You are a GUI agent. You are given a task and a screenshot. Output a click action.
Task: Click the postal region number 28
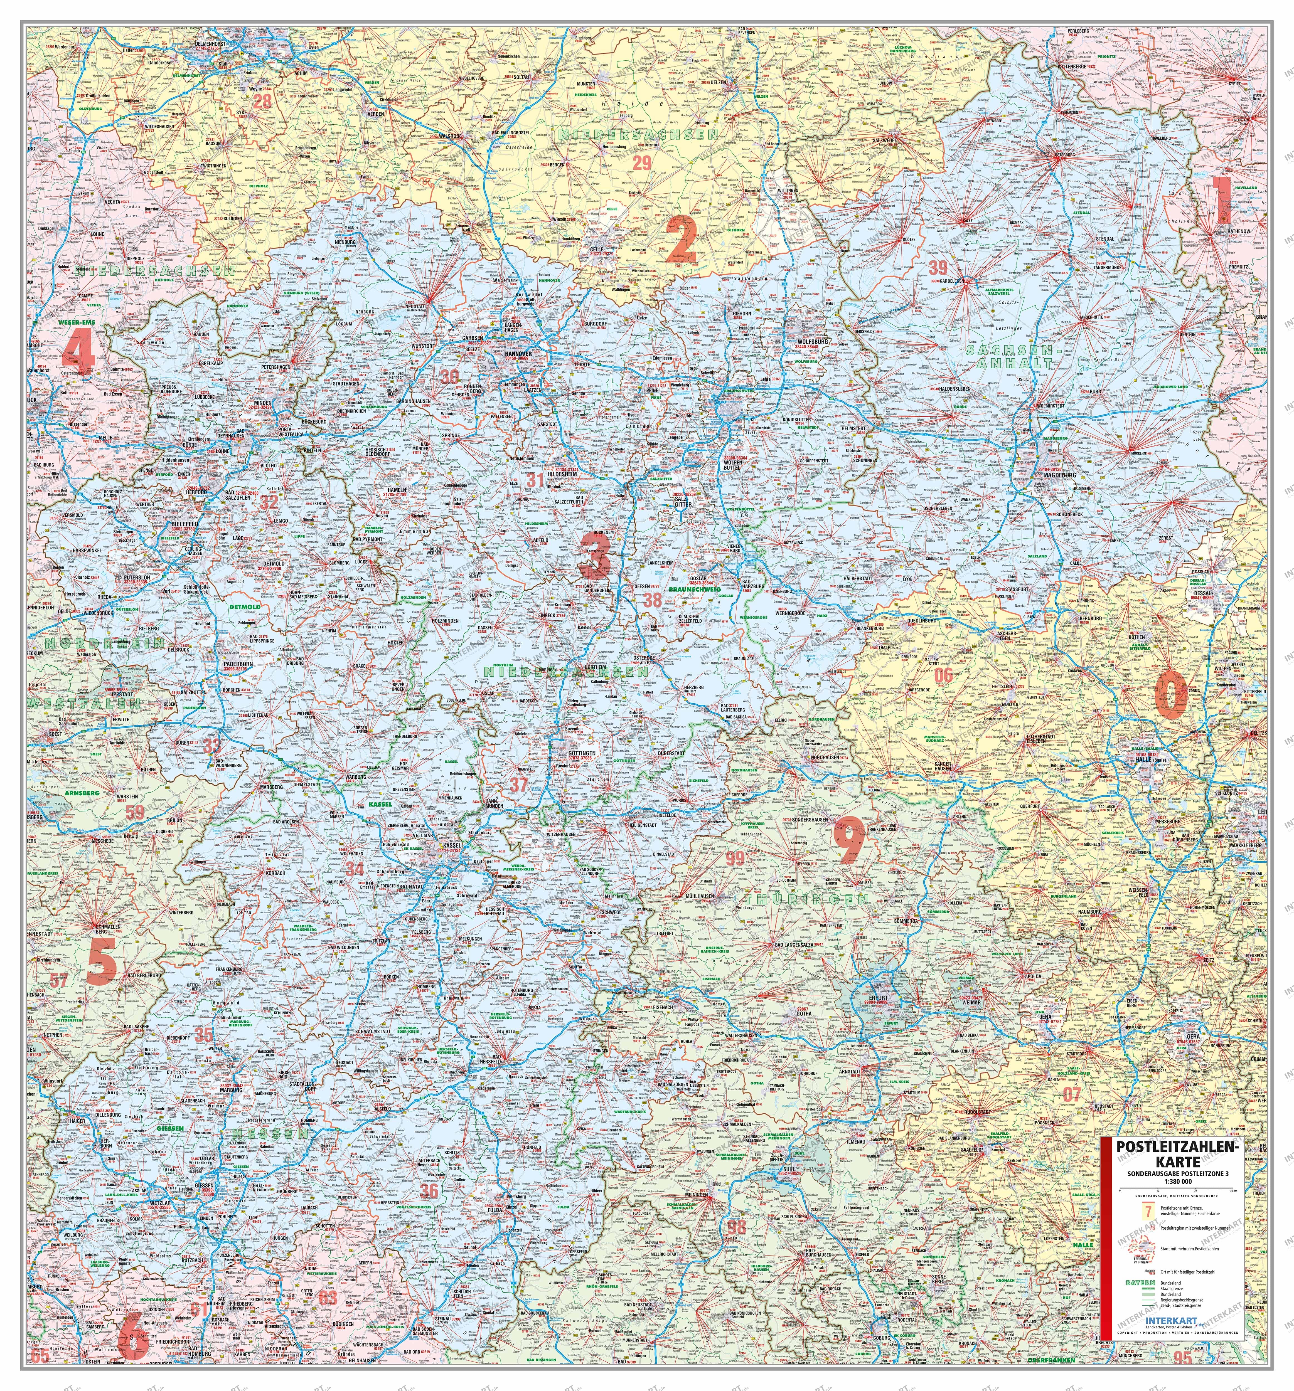[262, 102]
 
